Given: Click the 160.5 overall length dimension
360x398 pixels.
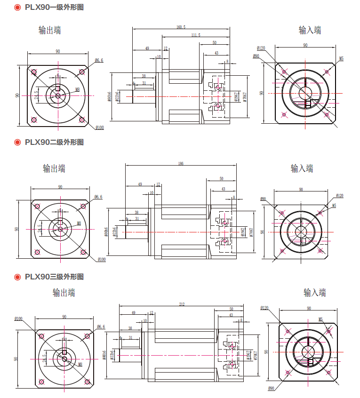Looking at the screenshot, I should (x=181, y=27).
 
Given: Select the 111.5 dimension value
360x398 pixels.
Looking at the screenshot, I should (x=195, y=35).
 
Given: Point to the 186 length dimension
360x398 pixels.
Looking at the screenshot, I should (x=181, y=164).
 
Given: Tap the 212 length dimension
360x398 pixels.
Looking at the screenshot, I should (x=182, y=304).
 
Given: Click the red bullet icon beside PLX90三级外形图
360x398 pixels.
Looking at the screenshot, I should (x=17, y=277).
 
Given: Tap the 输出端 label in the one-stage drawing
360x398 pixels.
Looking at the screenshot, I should (x=49, y=31).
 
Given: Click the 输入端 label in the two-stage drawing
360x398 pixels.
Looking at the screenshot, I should (x=302, y=168).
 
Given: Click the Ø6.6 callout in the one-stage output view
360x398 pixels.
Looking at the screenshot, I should (x=99, y=60).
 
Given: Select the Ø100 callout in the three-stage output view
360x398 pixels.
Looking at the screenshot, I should (x=18, y=319).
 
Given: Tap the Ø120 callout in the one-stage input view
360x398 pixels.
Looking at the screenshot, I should (x=261, y=48).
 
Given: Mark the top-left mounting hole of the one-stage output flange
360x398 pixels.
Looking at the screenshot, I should (x=33, y=72).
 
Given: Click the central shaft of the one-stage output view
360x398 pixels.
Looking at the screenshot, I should (x=57, y=96).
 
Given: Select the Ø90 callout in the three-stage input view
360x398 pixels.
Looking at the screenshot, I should (x=271, y=388).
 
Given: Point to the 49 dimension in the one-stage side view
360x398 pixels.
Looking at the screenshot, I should (x=147, y=48).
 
